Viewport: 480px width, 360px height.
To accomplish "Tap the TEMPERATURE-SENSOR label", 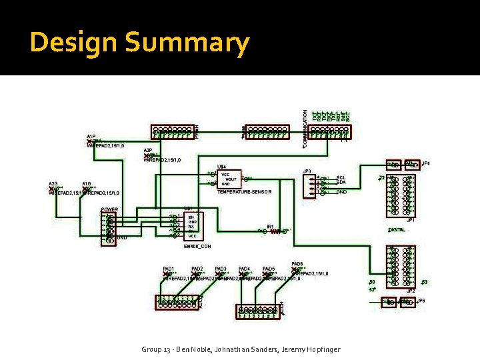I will tap(245, 192).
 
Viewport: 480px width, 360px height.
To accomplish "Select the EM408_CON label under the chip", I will tap(197, 246).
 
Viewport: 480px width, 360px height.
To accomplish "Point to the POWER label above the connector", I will tap(109, 209).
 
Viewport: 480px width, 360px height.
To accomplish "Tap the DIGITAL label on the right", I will tap(397, 229).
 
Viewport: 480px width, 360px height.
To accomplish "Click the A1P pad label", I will tap(91, 137).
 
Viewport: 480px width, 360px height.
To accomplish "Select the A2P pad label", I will tap(148, 151).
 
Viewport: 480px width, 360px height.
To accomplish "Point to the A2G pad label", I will tap(53, 183).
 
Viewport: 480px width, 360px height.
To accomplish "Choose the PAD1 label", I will tap(169, 269).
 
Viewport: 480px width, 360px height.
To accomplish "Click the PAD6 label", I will tap(297, 264).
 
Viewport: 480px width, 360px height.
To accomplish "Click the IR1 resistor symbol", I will tap(274, 231).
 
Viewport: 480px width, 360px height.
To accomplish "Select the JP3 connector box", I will tap(309, 186).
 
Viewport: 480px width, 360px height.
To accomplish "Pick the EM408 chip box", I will tap(193, 226).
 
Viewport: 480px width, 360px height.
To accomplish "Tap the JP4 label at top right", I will tap(426, 163).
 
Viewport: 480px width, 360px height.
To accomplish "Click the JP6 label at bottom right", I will tap(421, 301).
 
